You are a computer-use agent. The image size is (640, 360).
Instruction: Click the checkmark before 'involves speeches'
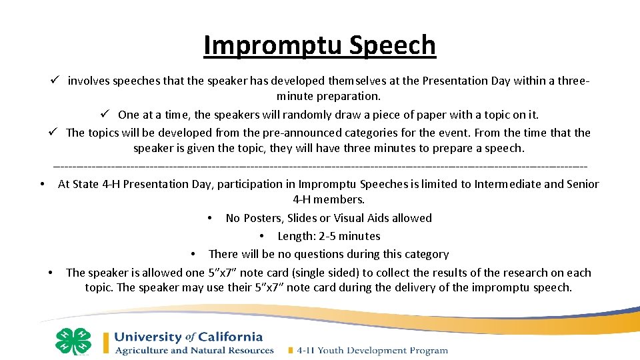pos(55,81)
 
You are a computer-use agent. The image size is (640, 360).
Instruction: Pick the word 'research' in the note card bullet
pos(516,273)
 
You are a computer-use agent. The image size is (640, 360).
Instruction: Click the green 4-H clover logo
pos(73,341)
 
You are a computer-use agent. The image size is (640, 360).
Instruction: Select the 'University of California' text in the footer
pos(189,337)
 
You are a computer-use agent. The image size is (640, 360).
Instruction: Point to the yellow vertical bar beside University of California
pos(105,343)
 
